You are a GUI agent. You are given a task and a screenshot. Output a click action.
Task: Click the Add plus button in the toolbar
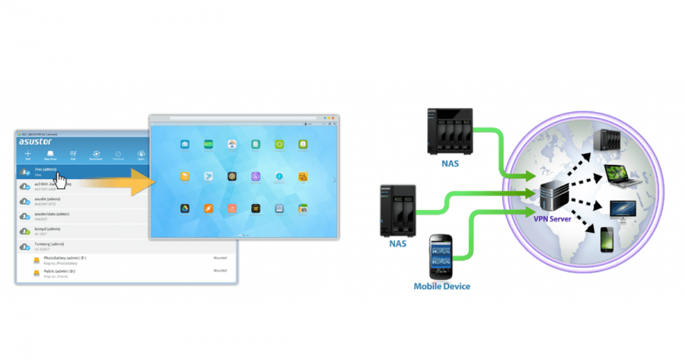point(28,155)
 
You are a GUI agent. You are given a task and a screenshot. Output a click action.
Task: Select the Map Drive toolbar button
point(50,155)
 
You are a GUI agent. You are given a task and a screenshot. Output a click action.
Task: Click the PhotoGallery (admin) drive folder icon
point(37,260)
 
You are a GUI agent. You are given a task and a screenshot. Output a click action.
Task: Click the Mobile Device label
point(441,286)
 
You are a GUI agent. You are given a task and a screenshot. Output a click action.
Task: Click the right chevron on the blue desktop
point(333,180)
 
